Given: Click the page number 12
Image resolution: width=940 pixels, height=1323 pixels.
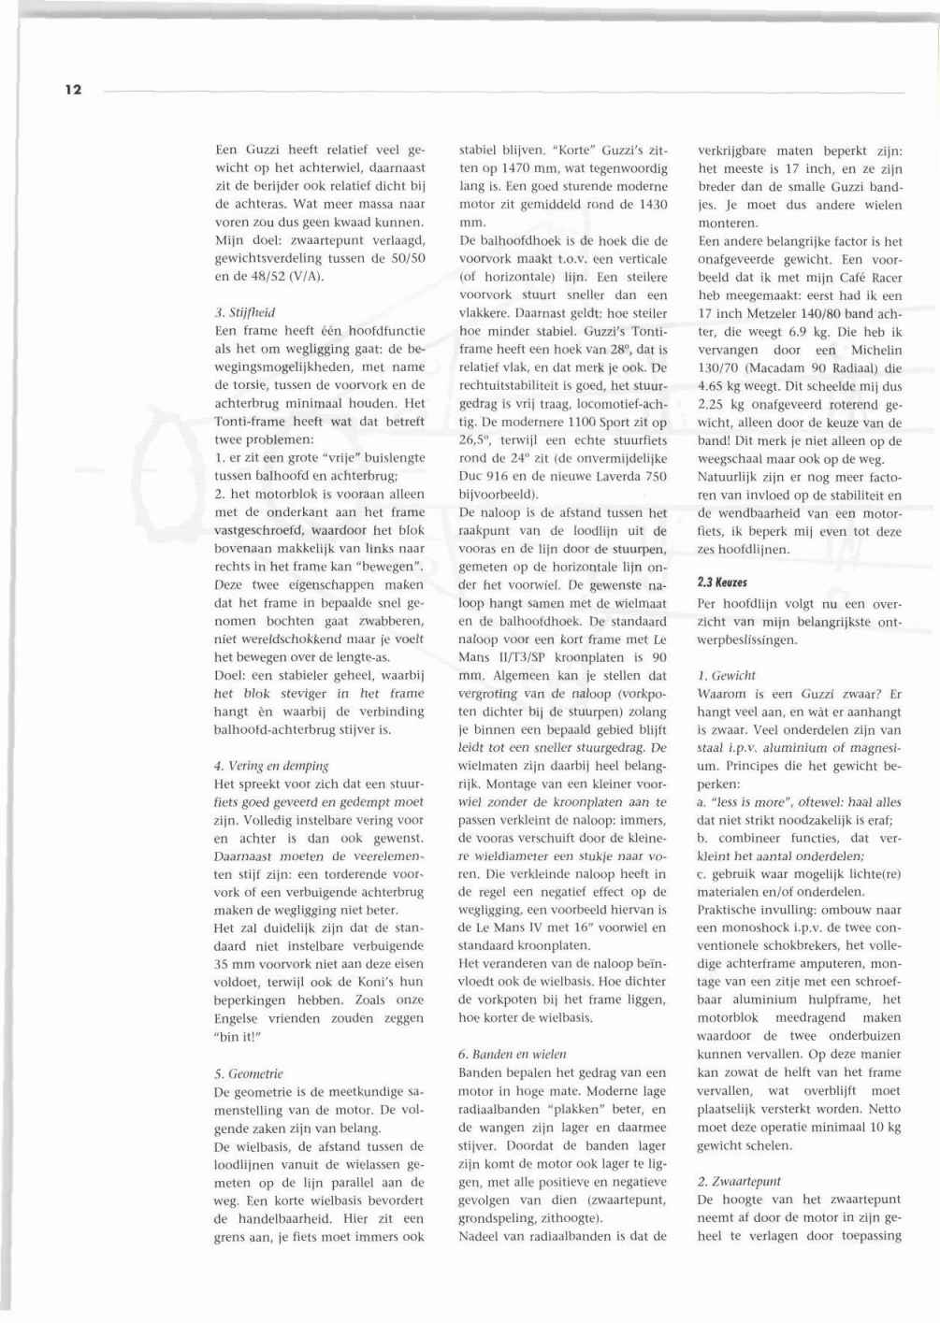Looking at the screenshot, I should [x=74, y=90].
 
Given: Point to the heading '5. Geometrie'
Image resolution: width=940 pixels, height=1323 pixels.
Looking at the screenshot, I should [x=248, y=1073].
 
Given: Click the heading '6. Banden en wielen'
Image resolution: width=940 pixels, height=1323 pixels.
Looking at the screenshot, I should [x=512, y=1054].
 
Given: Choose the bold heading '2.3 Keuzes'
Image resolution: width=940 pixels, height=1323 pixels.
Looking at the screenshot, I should [x=722, y=582].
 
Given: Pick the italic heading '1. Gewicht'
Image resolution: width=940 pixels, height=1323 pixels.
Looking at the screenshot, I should [x=727, y=675].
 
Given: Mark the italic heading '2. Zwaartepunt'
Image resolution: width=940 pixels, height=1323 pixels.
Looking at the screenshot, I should [x=739, y=1181].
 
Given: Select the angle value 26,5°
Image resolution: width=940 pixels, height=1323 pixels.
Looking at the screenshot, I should [x=475, y=440].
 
